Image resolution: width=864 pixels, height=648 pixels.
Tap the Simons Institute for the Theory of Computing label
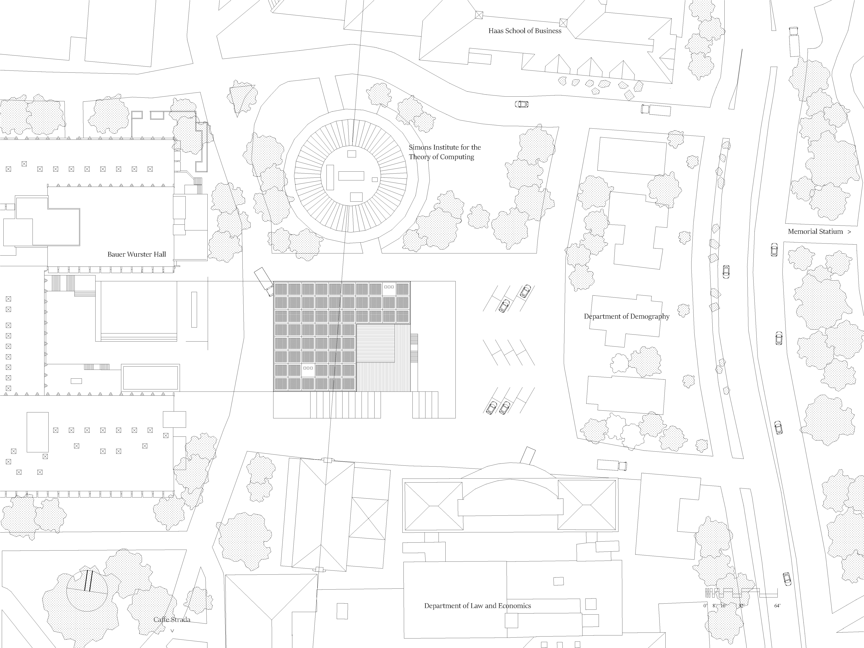click(x=445, y=152)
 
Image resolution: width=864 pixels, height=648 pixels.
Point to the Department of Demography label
click(x=627, y=316)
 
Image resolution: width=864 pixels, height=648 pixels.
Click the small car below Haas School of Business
click(x=521, y=104)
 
